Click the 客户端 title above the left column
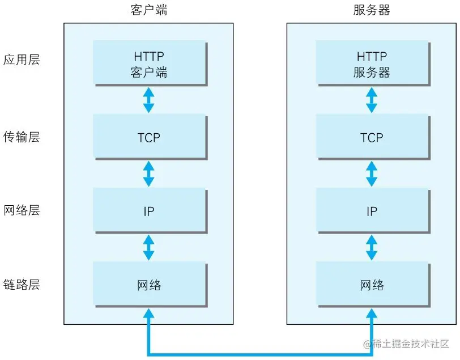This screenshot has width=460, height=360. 149,10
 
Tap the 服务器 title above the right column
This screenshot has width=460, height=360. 372,10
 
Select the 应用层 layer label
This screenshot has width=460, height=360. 22,60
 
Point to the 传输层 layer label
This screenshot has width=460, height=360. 22,137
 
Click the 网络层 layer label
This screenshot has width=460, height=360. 22,211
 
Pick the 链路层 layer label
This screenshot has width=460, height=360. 22,285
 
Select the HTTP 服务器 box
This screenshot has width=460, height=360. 372,64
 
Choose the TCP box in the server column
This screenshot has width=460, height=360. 372,137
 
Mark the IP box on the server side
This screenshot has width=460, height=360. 372,211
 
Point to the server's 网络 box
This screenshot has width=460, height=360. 372,285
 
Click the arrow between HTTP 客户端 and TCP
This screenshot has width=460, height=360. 149,100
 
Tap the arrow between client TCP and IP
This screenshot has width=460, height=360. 149,173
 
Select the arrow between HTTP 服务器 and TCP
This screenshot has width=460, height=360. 372,100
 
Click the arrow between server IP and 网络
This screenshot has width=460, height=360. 372,248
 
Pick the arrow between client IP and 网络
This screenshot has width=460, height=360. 149,248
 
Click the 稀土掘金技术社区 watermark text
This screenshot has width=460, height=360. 407,344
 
